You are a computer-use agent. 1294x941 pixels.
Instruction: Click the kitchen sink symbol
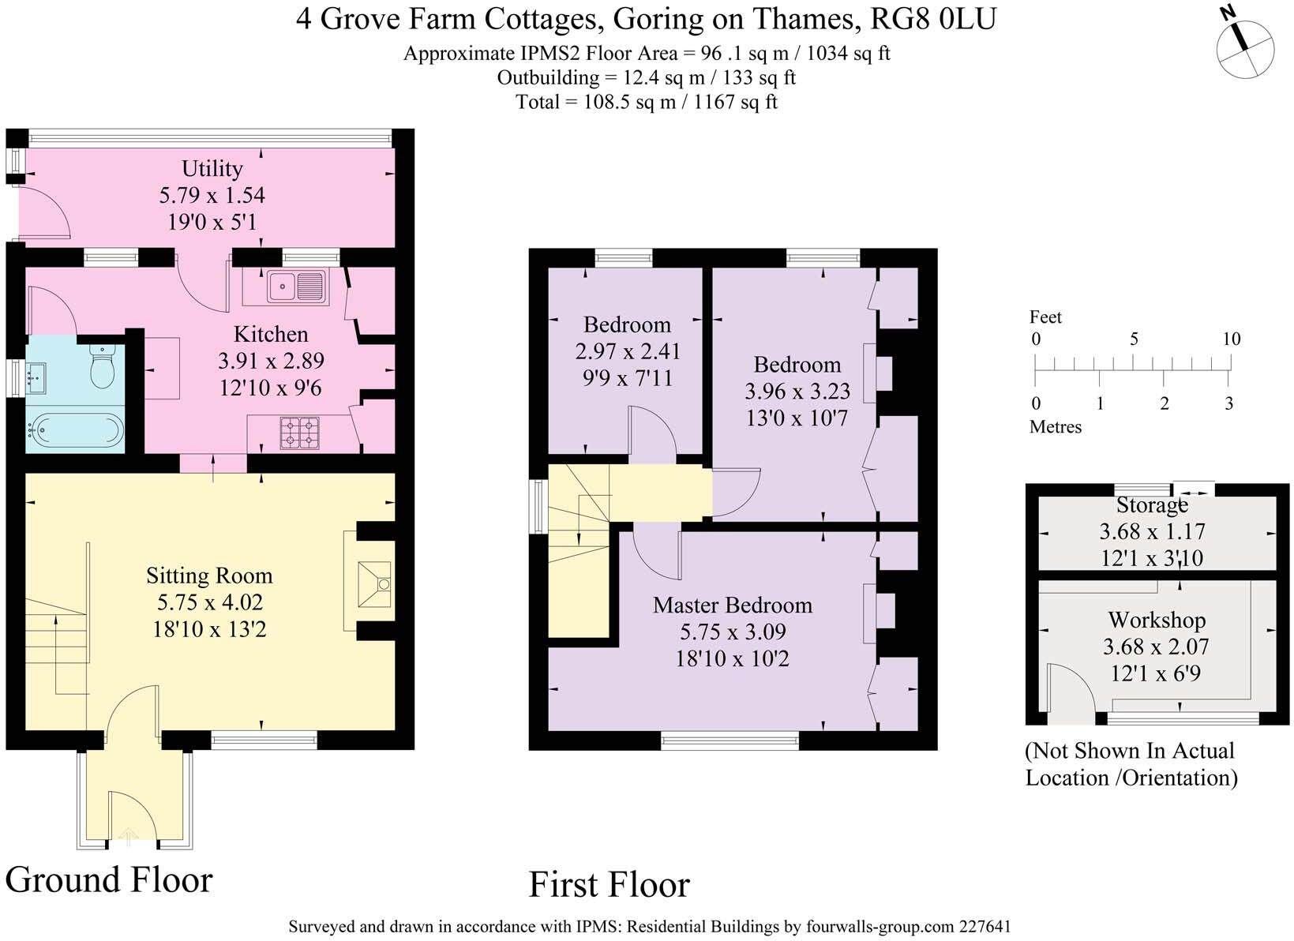click(295, 286)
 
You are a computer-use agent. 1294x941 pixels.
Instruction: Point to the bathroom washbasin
click(36, 378)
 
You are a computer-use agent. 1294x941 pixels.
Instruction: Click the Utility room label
click(212, 168)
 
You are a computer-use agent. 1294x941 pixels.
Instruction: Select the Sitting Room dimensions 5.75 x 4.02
click(209, 602)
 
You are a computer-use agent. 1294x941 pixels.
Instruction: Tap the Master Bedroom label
click(732, 605)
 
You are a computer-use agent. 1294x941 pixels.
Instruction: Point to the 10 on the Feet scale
click(1231, 339)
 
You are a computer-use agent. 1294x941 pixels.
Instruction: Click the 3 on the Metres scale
click(1228, 403)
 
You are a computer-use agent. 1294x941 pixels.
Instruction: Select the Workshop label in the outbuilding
click(1156, 620)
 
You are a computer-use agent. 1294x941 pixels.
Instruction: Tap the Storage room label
click(1152, 504)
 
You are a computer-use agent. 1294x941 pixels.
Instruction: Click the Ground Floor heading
click(109, 879)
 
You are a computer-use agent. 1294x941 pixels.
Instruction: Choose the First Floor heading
click(609, 884)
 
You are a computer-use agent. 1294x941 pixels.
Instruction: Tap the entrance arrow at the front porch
click(127, 836)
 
